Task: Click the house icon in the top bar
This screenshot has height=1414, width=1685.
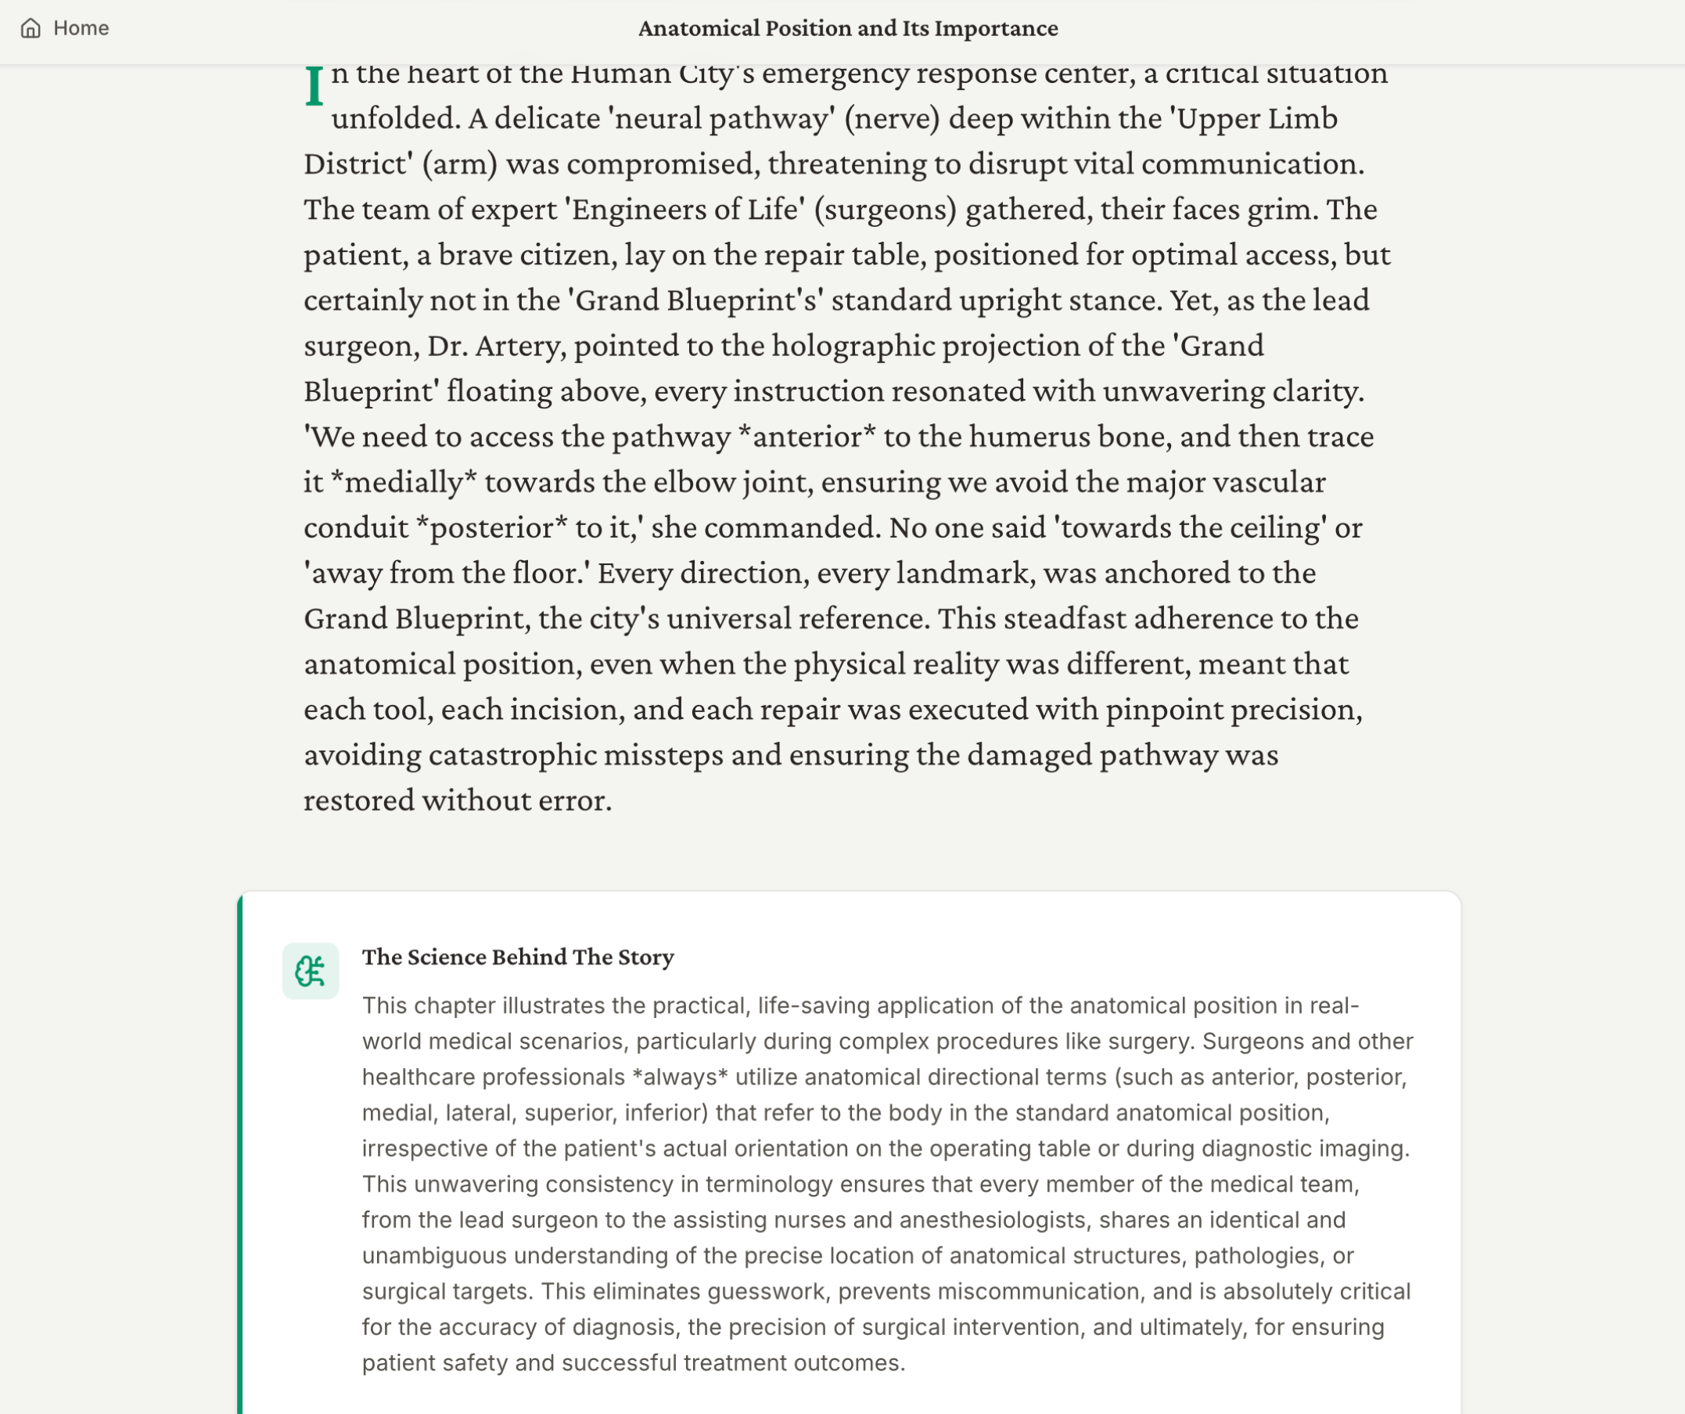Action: (x=31, y=29)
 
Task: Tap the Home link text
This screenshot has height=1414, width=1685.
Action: (x=81, y=28)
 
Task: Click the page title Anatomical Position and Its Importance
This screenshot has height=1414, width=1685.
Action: (x=847, y=29)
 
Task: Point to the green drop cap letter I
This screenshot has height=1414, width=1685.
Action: (x=314, y=86)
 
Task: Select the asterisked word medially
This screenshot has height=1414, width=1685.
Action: (x=404, y=483)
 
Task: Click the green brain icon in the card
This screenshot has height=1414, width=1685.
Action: (x=310, y=971)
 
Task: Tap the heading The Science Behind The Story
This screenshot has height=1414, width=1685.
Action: (x=518, y=957)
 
